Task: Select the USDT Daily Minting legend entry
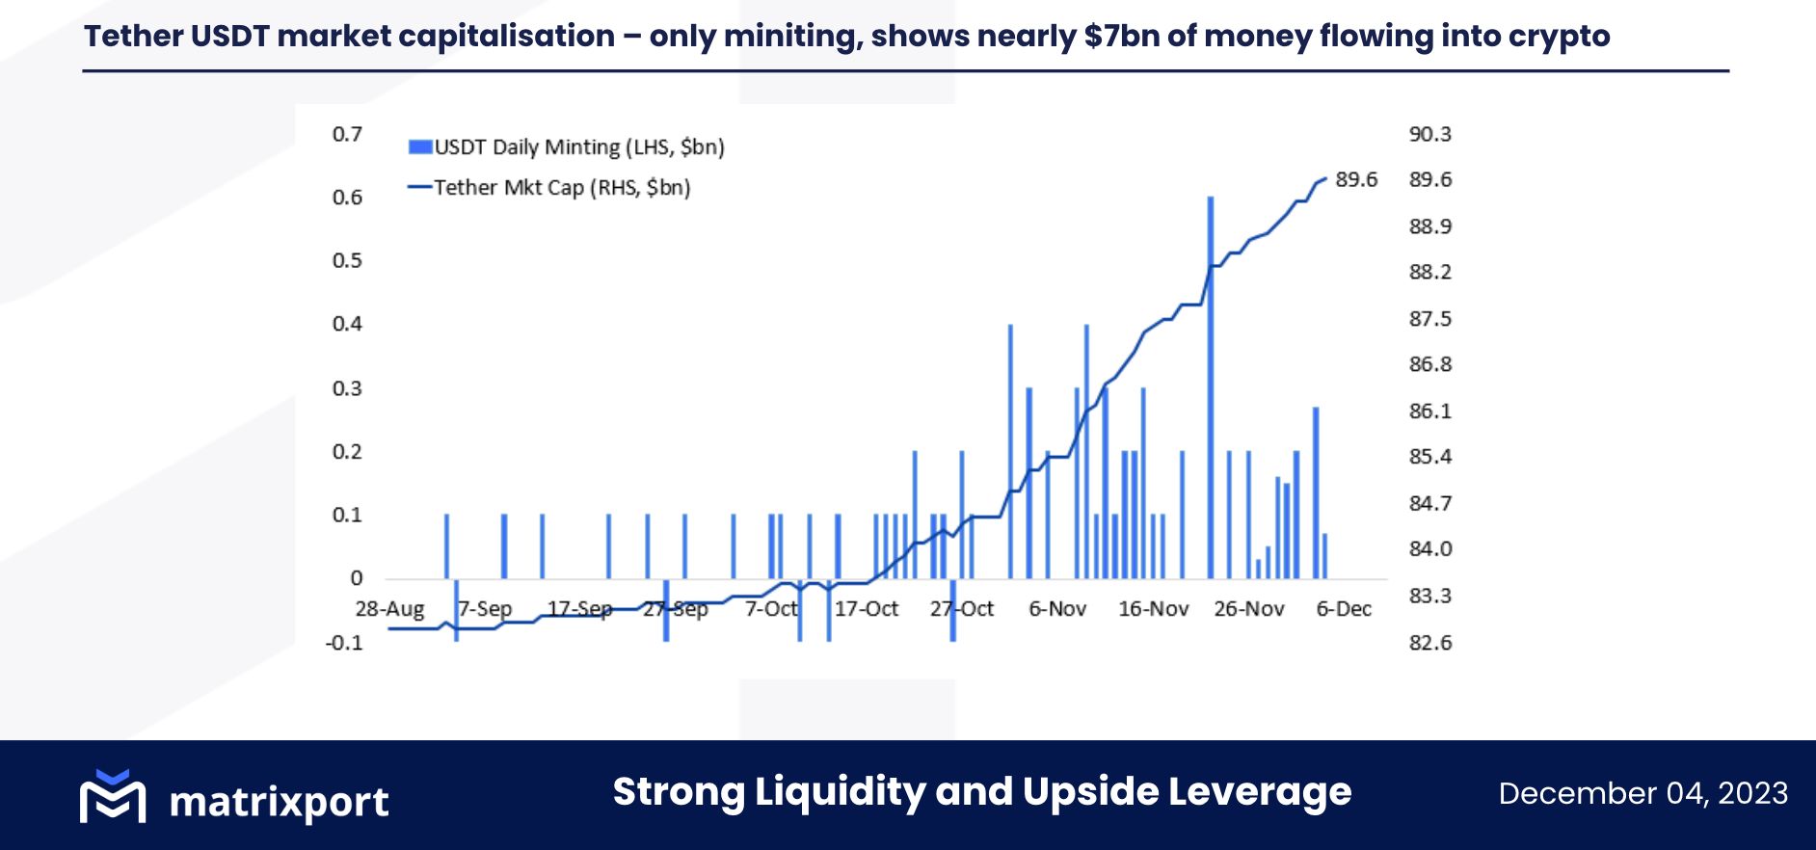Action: (x=566, y=147)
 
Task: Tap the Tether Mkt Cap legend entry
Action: (x=549, y=188)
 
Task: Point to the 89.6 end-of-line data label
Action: (x=1356, y=180)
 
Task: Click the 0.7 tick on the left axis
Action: (x=347, y=134)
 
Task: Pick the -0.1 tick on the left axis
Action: (x=344, y=643)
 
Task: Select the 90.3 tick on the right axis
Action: (x=1429, y=134)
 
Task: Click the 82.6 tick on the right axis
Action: (x=1429, y=643)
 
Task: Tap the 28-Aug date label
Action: (x=389, y=609)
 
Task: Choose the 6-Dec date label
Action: (x=1344, y=609)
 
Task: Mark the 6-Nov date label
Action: (x=1057, y=609)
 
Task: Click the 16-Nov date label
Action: (x=1153, y=609)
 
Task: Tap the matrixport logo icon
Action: (x=113, y=797)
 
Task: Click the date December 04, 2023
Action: (x=1642, y=793)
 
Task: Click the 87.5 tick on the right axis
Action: (x=1429, y=319)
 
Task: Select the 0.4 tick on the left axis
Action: (x=347, y=324)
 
